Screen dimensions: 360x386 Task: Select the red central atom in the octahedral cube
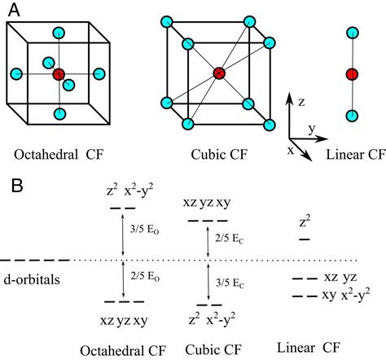point(59,75)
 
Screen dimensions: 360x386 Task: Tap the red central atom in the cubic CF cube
point(218,73)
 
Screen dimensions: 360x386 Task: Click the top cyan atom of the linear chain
point(352,33)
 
